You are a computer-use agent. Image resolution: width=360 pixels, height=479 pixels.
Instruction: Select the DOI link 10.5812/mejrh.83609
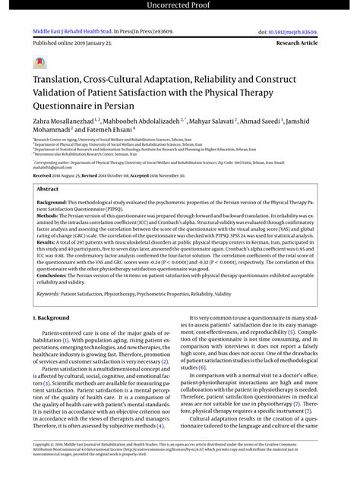click(314, 33)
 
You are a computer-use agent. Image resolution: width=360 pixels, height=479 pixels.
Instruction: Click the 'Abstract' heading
click(47, 188)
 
